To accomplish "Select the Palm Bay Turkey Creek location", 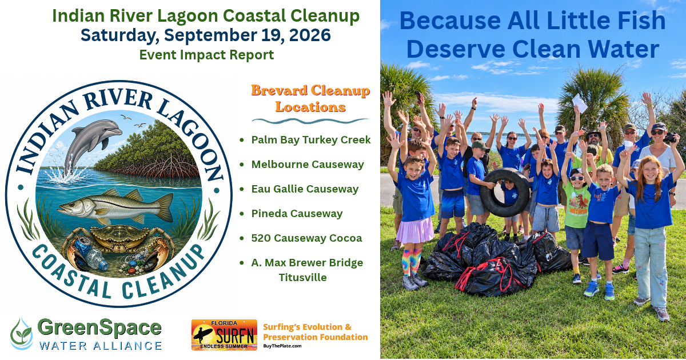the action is point(311,140).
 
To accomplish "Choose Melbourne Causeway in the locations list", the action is point(308,165).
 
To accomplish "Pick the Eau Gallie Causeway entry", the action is point(305,189).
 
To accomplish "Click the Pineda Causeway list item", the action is point(297,213).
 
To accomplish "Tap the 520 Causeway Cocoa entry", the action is point(306,238).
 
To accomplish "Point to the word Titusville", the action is point(302,277).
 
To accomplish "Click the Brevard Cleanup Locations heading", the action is point(310,98).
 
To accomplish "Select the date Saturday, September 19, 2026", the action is point(205,35).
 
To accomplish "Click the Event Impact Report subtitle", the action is point(206,55).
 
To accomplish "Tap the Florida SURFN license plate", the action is point(224,335).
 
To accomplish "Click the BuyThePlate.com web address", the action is point(282,346).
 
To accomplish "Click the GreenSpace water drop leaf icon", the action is point(22,334).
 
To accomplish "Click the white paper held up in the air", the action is point(580,103).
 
